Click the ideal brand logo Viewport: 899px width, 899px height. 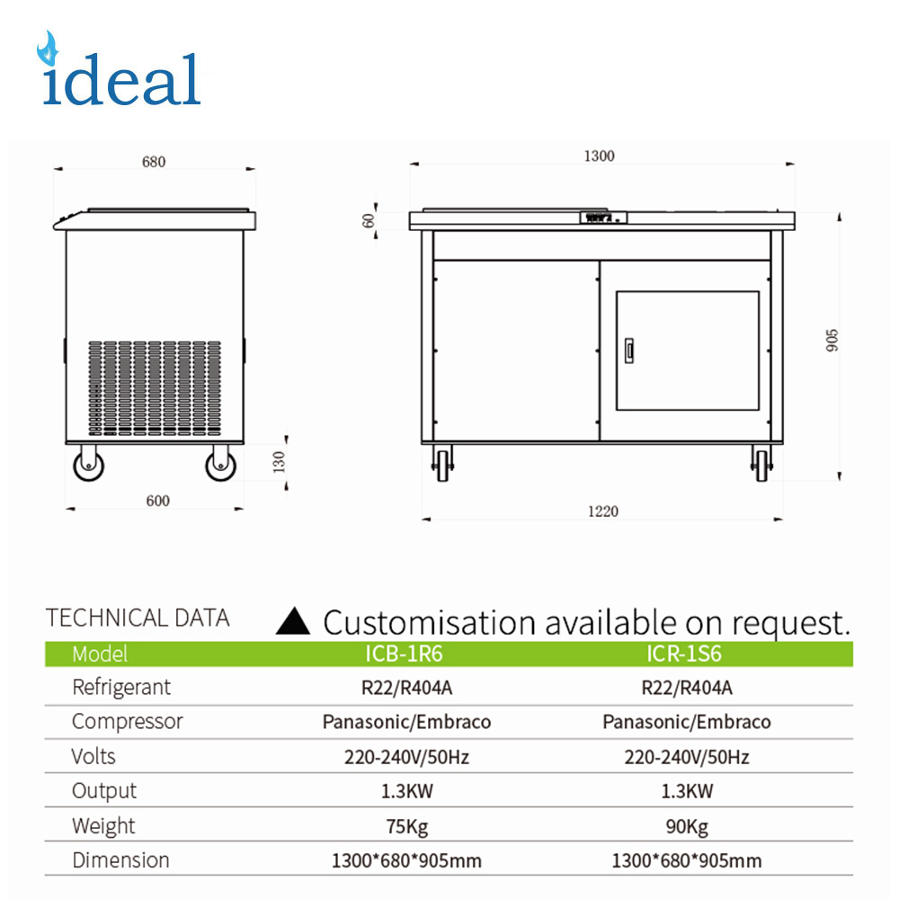(120, 69)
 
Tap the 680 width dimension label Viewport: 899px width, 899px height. (154, 162)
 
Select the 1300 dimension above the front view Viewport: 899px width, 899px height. (599, 156)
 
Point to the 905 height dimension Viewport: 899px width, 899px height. (832, 341)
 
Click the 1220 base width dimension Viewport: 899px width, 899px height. (603, 512)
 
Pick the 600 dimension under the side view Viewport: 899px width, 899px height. (157, 501)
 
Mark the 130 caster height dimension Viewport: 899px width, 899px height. (279, 462)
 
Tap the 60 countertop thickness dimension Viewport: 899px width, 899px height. (369, 220)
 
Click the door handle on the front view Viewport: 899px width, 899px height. (629, 351)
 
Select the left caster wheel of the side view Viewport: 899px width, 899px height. (89, 464)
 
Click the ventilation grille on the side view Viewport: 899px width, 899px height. (155, 387)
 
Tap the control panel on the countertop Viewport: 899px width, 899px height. (603, 218)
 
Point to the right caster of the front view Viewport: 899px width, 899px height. (761, 464)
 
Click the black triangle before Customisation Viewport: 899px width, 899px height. (293, 621)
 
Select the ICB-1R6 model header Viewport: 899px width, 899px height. (405, 654)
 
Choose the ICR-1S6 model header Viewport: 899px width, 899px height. (684, 654)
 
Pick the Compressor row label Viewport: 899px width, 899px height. (128, 722)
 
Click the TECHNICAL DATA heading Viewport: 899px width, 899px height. (138, 619)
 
